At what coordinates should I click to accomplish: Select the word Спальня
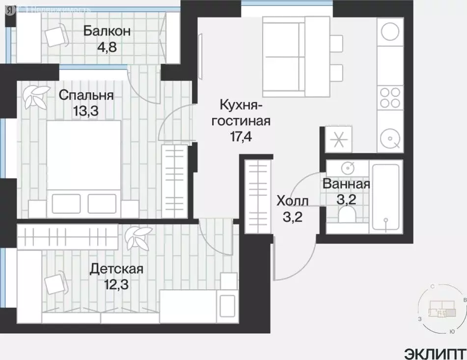click(x=86, y=95)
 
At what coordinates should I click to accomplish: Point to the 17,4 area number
click(x=238, y=137)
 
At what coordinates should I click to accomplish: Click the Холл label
click(x=293, y=201)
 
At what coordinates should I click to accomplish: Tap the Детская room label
click(x=116, y=269)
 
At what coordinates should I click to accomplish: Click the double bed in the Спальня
click(x=83, y=167)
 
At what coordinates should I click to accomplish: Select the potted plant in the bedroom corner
click(x=37, y=96)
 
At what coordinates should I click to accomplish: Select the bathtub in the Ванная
click(x=386, y=196)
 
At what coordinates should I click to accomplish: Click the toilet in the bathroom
click(x=348, y=213)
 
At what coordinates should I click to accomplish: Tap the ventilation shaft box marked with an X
click(x=337, y=139)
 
